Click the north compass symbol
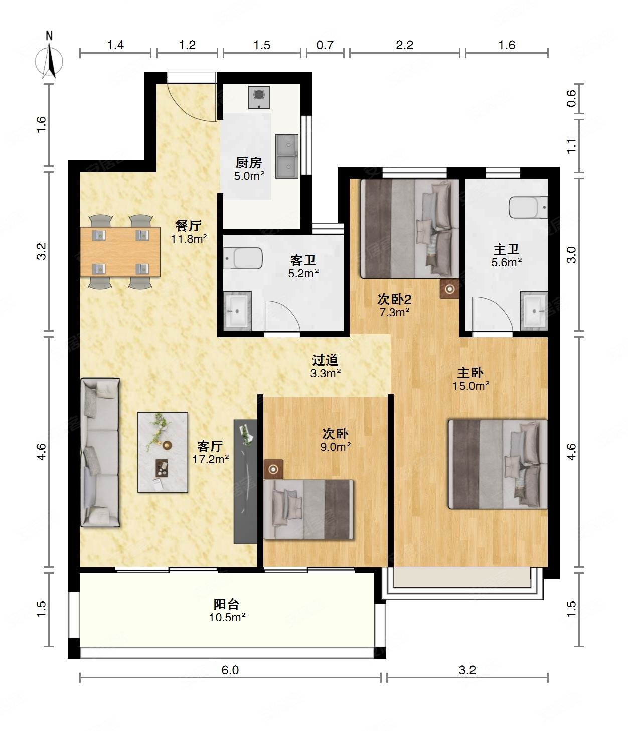pos(49,57)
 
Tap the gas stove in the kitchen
pos(259,97)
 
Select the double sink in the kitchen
pos(287,156)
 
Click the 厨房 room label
pos(249,163)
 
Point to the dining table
pos(120,252)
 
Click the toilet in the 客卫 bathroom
pos(243,258)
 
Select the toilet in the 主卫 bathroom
pos(528,207)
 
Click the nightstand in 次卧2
pos(450,289)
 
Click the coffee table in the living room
pos(163,452)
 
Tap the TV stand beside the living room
pos(246,482)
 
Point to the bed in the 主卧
pos(498,464)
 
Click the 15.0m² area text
pos(471,386)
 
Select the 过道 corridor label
pos(325,359)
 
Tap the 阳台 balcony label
pos(226,604)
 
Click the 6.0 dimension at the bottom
pos(230,670)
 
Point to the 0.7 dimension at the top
pos(325,45)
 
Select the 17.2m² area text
pos(211,459)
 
